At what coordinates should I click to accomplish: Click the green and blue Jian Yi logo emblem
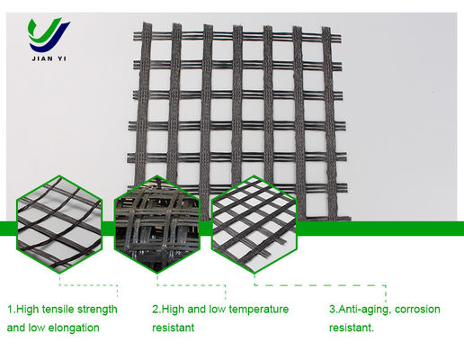48,34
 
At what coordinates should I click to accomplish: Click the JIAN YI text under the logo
49,58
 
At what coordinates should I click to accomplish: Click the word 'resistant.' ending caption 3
352,328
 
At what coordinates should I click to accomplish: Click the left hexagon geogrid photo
59,224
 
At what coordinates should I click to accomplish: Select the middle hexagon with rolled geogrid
157,224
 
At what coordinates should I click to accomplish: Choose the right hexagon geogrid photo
254,224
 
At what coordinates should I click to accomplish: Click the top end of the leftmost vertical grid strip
147,22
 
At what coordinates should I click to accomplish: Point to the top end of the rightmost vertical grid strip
326,28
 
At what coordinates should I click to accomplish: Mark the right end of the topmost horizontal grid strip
341,39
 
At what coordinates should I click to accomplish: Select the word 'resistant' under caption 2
174,328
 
